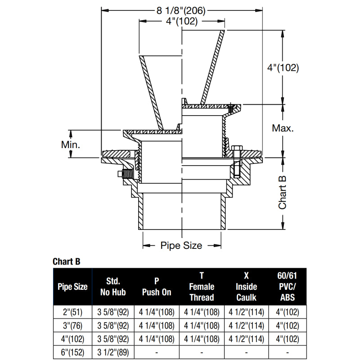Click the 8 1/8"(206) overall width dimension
tap(182, 11)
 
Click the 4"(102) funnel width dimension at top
tap(182, 22)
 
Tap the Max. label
tap(283, 128)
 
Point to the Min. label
tap(71, 144)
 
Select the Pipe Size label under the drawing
tap(181, 246)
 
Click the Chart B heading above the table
tap(66, 261)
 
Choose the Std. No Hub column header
tap(113, 287)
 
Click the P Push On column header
tap(157, 287)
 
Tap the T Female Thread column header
tap(202, 287)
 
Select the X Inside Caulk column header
tap(246, 287)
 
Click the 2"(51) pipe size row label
tap(72, 312)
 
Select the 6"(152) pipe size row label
tap(72, 353)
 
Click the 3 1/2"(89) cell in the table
tap(113, 353)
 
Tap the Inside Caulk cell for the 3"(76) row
tap(246, 325)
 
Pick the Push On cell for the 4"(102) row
tap(157, 339)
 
